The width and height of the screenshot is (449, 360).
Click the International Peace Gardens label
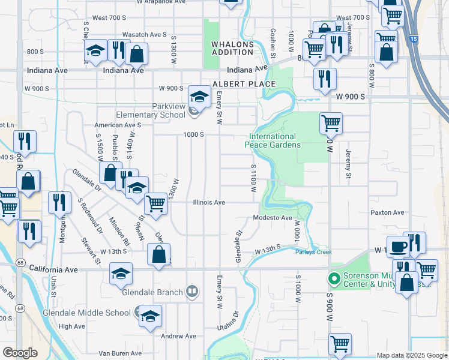point(271,140)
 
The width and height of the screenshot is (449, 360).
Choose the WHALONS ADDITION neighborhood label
point(232,48)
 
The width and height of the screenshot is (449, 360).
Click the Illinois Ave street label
point(209,203)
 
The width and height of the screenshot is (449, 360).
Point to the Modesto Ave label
point(272,218)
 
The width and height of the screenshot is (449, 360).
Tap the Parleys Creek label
point(313,252)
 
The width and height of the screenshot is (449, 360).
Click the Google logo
point(20,353)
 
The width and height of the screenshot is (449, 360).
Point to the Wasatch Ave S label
point(144,35)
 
